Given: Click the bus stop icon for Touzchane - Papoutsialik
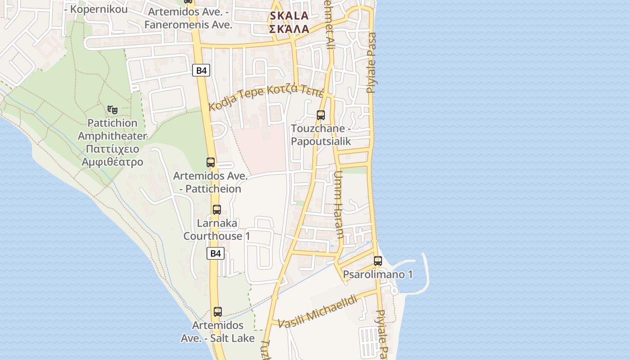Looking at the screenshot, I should (321, 115).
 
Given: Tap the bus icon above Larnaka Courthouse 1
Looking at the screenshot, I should (217, 210).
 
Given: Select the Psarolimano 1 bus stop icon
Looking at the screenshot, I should (378, 261).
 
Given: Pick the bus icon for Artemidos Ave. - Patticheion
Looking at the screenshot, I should (211, 162).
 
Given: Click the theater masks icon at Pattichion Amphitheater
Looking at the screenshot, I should (112, 109).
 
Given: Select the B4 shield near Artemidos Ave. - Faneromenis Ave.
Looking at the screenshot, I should (201, 70).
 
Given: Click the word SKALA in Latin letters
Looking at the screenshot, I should (289, 16).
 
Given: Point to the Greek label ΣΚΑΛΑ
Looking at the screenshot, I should (289, 29).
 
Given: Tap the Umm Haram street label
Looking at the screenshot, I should (339, 204).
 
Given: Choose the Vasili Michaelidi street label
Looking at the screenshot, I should (318, 311).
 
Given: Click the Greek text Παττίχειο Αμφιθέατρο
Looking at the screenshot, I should (112, 156).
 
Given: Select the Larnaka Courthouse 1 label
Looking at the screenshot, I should (217, 229).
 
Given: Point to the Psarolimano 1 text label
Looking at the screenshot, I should (378, 274).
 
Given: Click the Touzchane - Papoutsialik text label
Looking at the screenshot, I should (321, 135).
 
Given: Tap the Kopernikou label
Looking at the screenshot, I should (96, 9).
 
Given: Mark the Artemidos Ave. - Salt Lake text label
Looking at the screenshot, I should (218, 332).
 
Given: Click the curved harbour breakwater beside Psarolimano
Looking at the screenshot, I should (425, 270).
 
